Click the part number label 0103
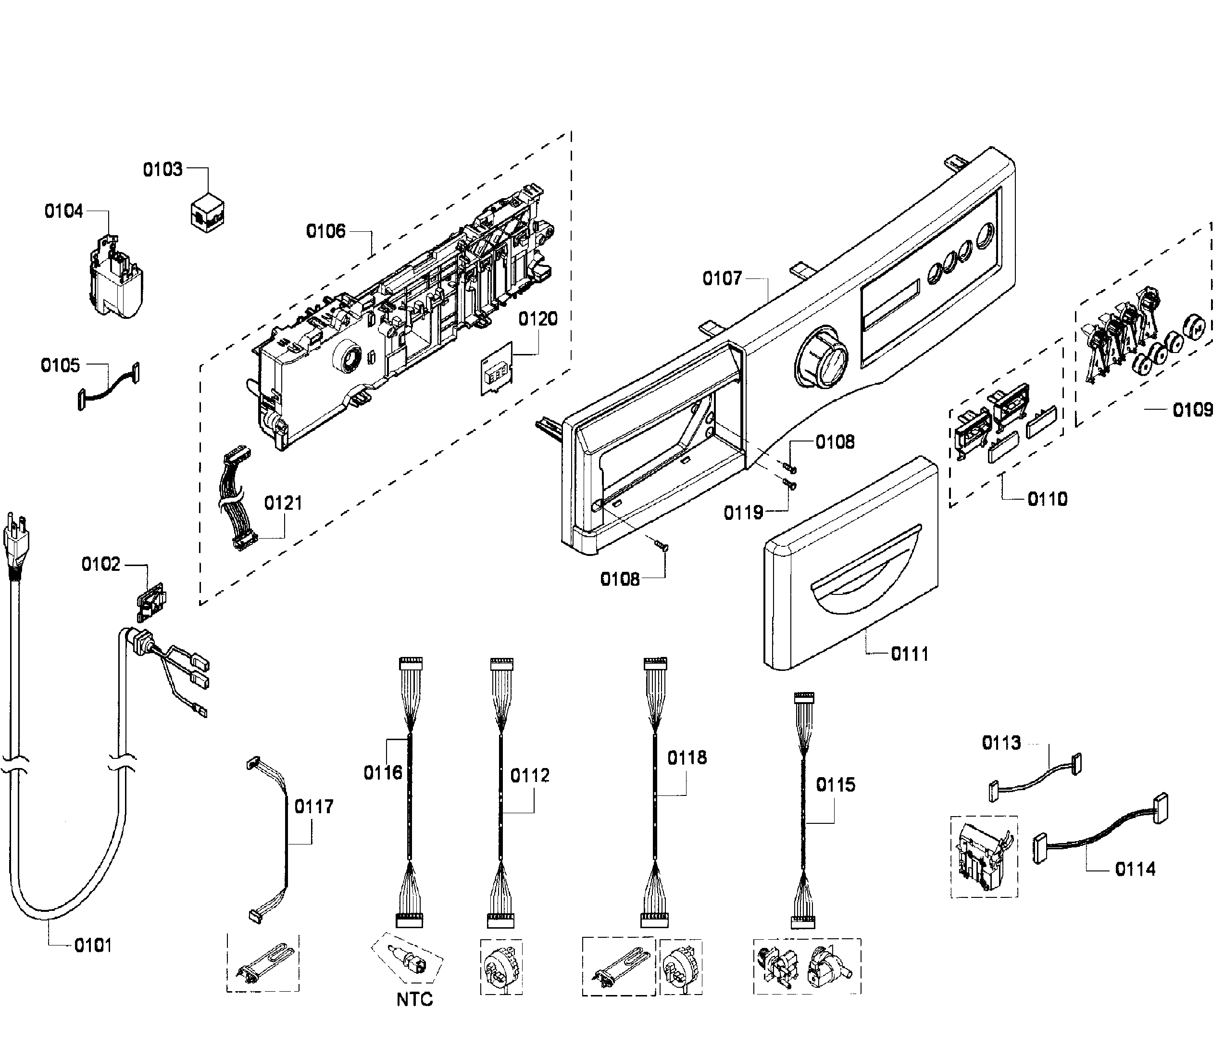[x=162, y=170]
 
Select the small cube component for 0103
[x=207, y=212]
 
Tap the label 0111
[x=909, y=654]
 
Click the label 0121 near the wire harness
[x=283, y=503]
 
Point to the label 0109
[x=1192, y=410]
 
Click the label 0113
[x=1001, y=743]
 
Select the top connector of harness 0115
[x=803, y=697]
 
